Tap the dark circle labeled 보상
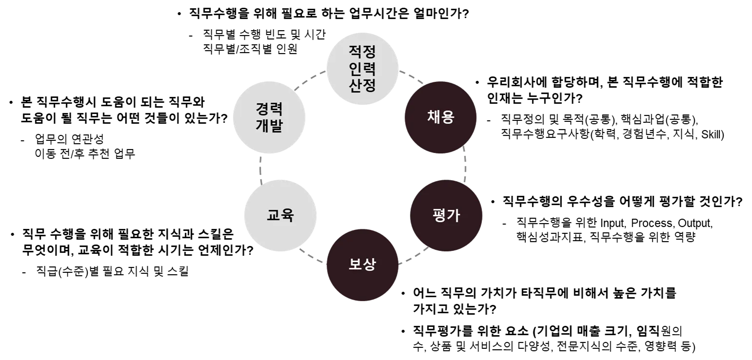363,265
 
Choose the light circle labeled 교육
281,216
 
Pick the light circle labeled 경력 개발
269,117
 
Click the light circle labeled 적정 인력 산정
363,68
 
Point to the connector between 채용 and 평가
465,164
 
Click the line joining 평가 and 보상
413,256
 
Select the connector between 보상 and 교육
311,256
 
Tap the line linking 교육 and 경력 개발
261,168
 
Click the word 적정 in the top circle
363,51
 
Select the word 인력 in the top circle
363,69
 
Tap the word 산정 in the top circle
363,86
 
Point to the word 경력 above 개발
269,108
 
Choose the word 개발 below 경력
269,126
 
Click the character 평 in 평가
439,216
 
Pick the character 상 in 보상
370,265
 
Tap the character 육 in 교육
288,216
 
